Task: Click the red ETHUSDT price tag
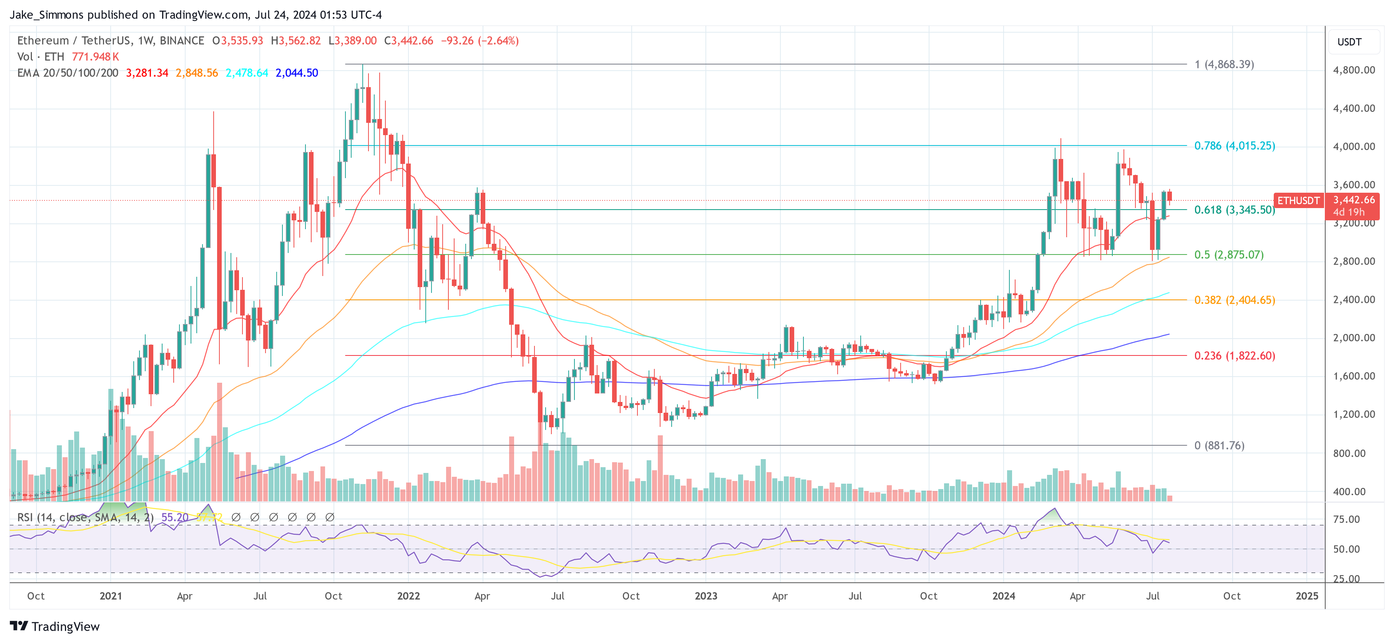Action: (x=1298, y=201)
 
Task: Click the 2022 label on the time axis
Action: (x=408, y=596)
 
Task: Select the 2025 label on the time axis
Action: (x=1306, y=596)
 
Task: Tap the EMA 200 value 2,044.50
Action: (x=297, y=73)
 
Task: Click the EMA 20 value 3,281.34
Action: (x=147, y=73)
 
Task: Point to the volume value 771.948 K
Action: (x=95, y=57)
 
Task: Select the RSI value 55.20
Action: (x=175, y=517)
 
